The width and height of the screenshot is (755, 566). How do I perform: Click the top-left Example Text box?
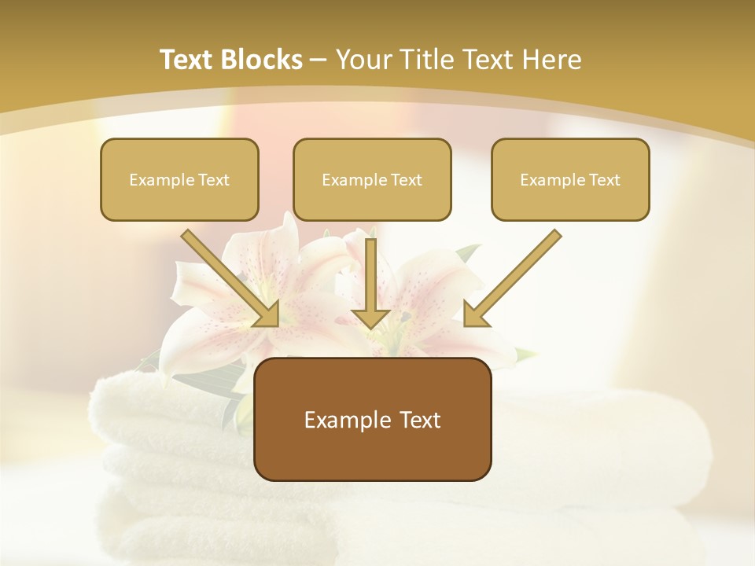click(179, 180)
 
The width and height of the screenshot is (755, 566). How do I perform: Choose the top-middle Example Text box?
click(372, 180)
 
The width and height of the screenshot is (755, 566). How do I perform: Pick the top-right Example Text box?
click(570, 180)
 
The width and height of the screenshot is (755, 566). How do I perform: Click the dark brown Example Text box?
click(372, 419)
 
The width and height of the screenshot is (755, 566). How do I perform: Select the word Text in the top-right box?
click(604, 180)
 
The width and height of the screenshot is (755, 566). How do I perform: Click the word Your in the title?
click(361, 60)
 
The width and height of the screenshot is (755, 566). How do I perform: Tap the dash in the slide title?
click(319, 61)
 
